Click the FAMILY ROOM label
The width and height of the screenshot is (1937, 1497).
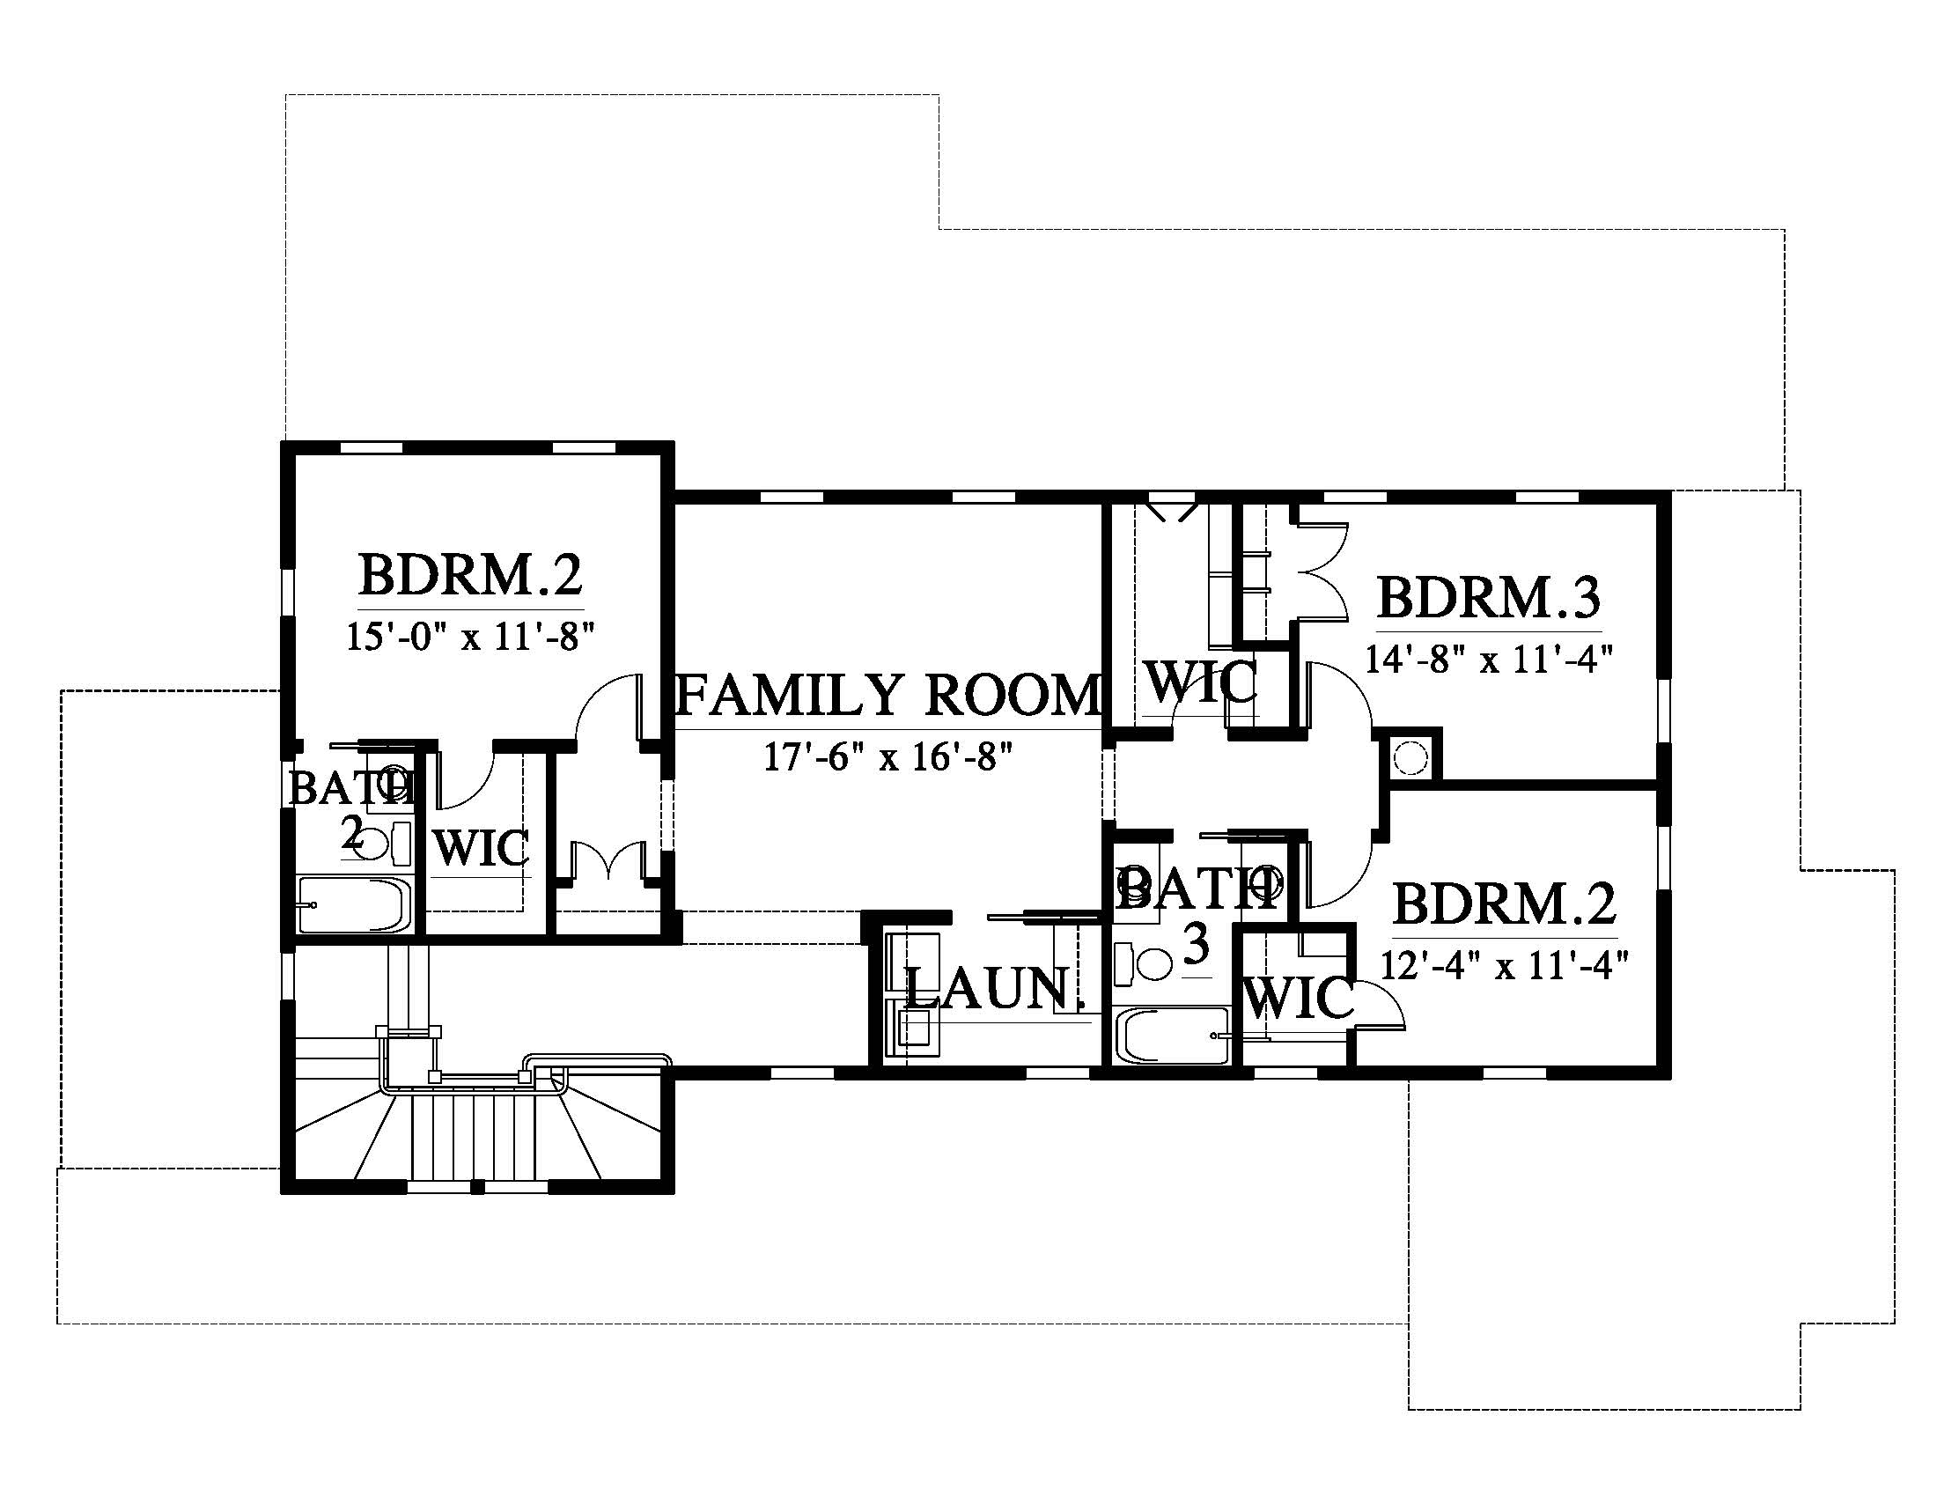[888, 695]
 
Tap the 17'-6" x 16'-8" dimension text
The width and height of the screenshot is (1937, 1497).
[887, 757]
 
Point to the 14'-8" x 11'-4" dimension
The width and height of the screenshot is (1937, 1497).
[1488, 659]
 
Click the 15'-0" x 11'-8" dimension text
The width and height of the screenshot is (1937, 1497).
[469, 636]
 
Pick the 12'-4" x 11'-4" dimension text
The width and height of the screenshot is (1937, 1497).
[1505, 964]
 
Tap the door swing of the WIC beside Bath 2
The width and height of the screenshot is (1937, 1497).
[464, 779]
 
